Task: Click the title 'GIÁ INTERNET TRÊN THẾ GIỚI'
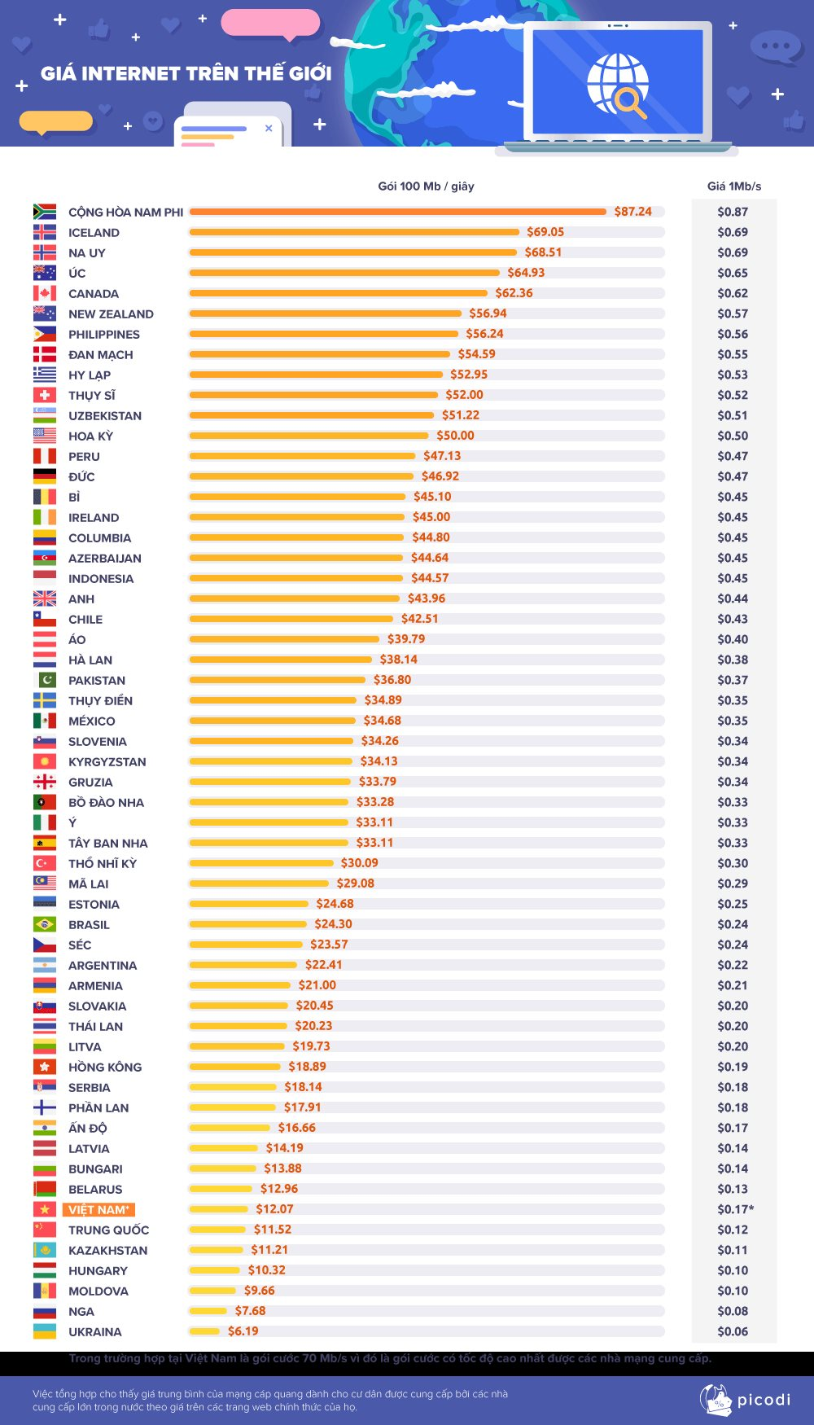[x=186, y=73]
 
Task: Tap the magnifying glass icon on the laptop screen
[x=629, y=101]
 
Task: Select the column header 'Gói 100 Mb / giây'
[x=426, y=186]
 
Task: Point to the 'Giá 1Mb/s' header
[x=734, y=186]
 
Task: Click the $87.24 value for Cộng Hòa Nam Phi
[x=632, y=212]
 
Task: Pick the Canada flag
[x=45, y=293]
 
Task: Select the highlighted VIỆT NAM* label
[x=98, y=1210]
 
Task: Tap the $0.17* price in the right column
[x=735, y=1209]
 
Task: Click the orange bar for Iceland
[x=354, y=232]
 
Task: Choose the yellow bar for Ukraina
[x=204, y=1331]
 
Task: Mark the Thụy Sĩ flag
[x=45, y=395]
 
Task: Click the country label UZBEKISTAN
[x=105, y=415]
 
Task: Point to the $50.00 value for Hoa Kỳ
[x=455, y=436]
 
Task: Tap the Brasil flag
[x=45, y=924]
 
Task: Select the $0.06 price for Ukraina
[x=733, y=1331]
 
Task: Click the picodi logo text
[x=764, y=1400]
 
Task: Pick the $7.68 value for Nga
[x=250, y=1311]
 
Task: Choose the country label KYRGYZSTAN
[x=107, y=761]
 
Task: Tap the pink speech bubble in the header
[x=270, y=23]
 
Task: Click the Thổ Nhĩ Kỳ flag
[x=45, y=863]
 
